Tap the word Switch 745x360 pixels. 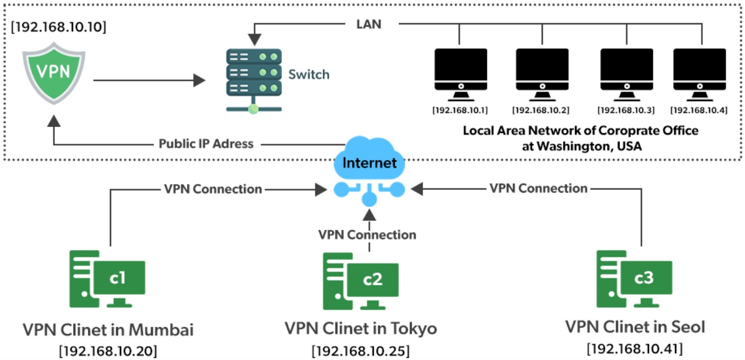[308, 74]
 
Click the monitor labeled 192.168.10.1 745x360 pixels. [460, 75]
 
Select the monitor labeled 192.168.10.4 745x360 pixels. [699, 75]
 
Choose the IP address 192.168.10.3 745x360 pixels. [626, 111]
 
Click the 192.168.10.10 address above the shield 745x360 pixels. [58, 26]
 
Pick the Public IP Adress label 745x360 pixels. [206, 143]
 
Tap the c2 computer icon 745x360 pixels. [361, 281]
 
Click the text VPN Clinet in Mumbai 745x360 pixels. [108, 330]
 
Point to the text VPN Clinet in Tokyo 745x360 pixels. [361, 329]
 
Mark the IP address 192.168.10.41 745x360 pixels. [634, 348]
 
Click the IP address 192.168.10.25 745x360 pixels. [360, 351]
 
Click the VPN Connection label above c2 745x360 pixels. [367, 234]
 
